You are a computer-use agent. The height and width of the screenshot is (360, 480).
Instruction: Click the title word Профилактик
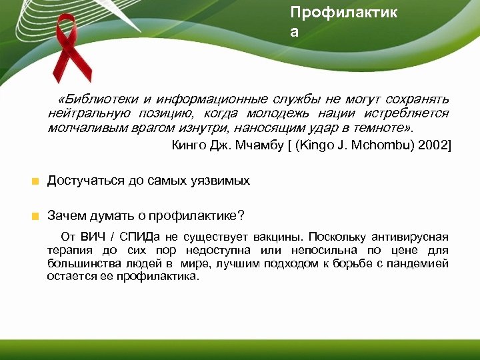pyautogui.click(x=343, y=12)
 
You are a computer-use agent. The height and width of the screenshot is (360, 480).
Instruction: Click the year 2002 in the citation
pyautogui.click(x=435, y=145)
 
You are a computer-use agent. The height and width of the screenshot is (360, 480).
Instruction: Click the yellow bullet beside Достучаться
pyautogui.click(x=35, y=181)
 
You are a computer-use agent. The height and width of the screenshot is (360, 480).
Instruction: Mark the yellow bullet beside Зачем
pyautogui.click(x=35, y=216)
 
